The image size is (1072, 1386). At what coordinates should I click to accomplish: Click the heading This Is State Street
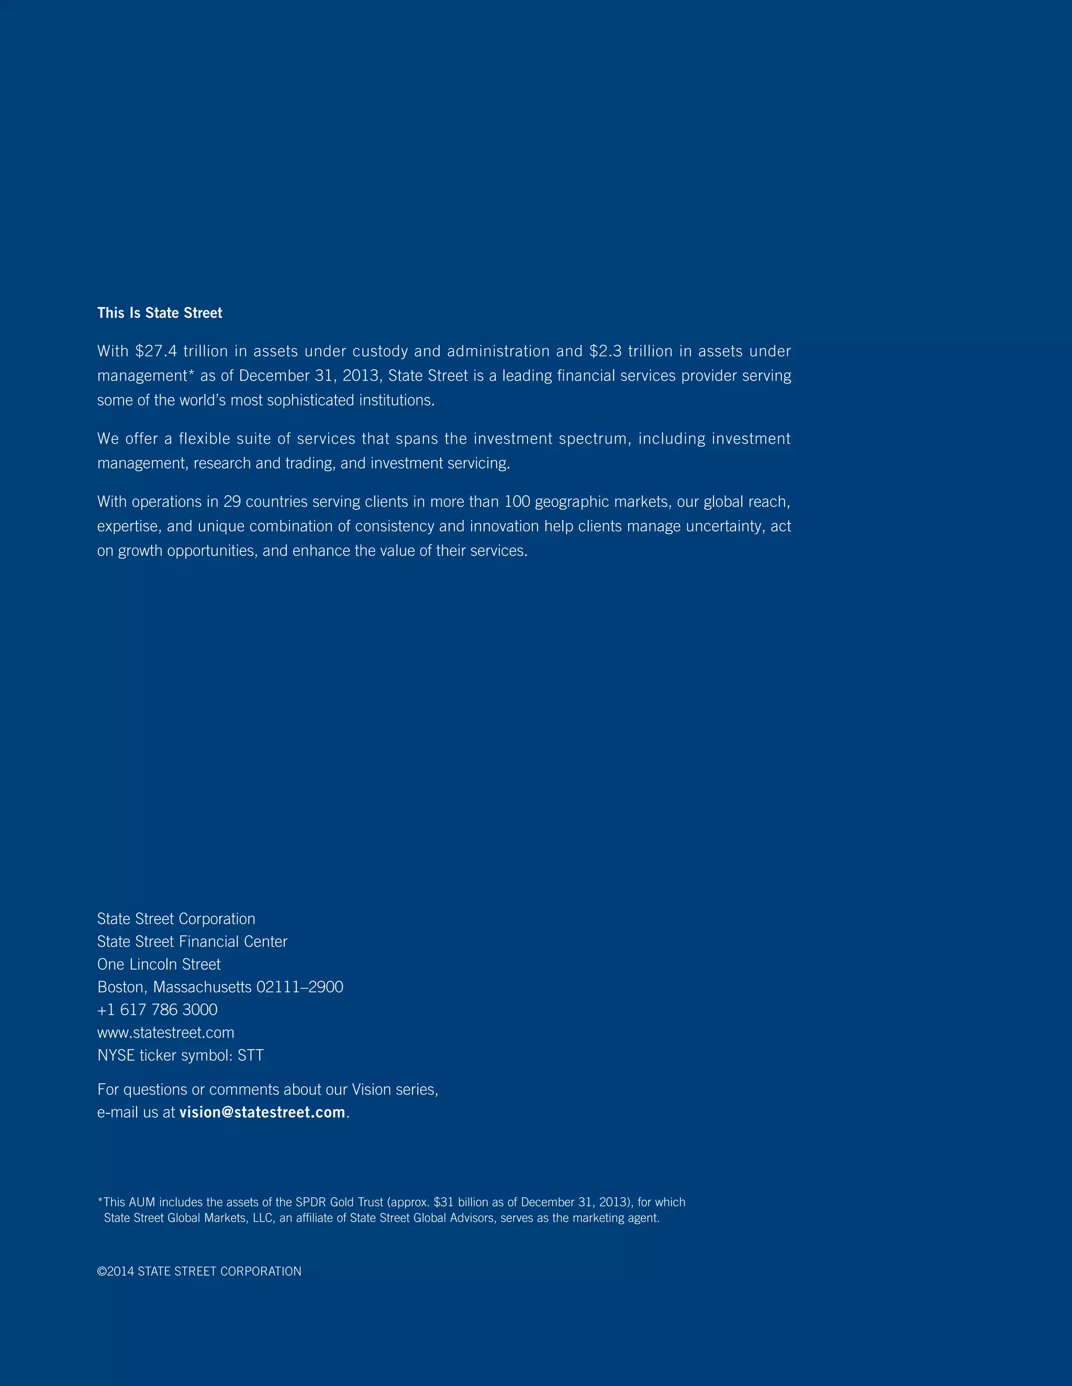[x=160, y=313]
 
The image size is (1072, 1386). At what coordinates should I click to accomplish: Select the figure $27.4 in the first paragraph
[x=155, y=351]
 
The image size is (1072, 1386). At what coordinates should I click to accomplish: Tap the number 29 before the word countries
[x=232, y=502]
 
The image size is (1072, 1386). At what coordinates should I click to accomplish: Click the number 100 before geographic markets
[x=517, y=502]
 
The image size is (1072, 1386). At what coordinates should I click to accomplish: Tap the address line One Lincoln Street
[x=159, y=964]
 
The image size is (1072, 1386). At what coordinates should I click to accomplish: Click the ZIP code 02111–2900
[x=299, y=987]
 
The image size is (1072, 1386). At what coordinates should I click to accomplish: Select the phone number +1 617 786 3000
[x=157, y=1009]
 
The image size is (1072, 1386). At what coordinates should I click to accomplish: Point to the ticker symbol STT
[x=250, y=1055]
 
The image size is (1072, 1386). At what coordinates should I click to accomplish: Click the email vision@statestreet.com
[x=262, y=1112]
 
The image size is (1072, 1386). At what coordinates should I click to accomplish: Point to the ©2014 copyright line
[x=199, y=1271]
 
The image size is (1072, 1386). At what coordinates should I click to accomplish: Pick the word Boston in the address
[x=122, y=987]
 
